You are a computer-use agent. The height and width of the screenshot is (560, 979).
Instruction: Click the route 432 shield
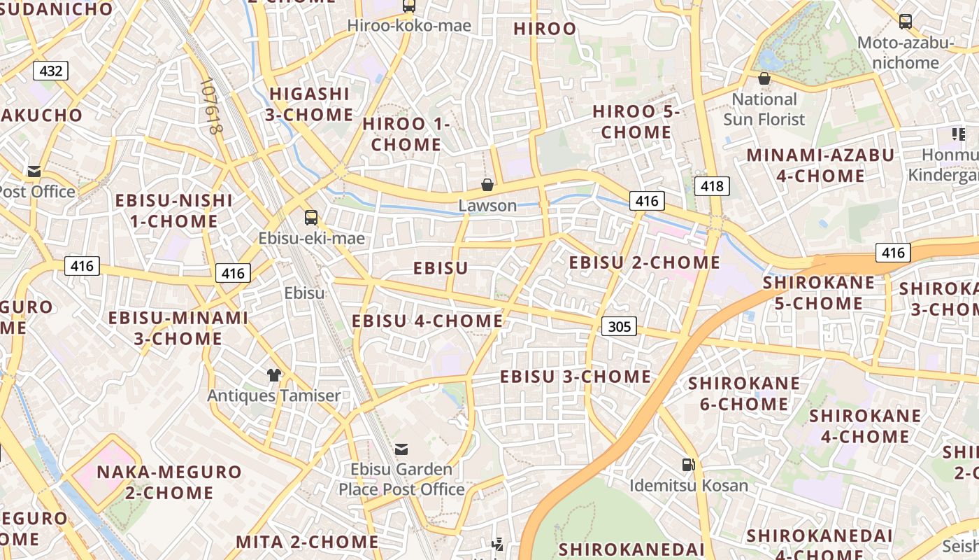point(51,71)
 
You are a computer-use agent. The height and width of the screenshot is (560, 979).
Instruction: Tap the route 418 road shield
point(712,186)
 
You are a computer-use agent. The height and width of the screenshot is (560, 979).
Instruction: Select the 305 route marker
point(619,325)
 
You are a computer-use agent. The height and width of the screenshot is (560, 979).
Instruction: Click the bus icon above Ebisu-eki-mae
point(311,218)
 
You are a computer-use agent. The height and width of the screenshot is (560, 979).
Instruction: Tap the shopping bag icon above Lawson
point(487,185)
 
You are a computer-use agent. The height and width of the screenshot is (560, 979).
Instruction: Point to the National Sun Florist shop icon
point(764,78)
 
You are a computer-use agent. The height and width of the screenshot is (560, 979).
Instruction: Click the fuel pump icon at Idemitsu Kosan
point(688,464)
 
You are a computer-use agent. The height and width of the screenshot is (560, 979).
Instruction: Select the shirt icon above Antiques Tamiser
point(274,375)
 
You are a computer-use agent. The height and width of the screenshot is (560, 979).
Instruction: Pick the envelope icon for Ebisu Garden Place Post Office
point(401,449)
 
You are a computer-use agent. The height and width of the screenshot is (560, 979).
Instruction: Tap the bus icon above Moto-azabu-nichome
point(906,21)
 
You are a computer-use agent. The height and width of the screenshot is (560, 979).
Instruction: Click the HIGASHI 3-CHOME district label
point(309,104)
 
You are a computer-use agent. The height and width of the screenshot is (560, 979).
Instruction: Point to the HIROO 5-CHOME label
point(636,122)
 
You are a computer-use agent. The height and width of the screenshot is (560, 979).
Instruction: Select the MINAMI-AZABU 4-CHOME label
point(821,165)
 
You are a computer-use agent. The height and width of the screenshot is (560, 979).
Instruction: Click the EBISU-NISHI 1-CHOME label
point(173,211)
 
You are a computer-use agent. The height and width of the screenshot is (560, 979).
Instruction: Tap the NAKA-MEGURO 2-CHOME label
point(169,482)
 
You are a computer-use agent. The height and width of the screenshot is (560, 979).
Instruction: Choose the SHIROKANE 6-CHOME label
point(744,393)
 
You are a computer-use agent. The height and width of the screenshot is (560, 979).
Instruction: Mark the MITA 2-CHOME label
point(307,542)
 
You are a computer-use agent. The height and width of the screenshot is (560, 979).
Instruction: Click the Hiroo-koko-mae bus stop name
point(410,27)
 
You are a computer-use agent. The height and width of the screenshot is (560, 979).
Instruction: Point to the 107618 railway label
point(210,106)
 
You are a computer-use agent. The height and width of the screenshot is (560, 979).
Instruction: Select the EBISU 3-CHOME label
point(576,377)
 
